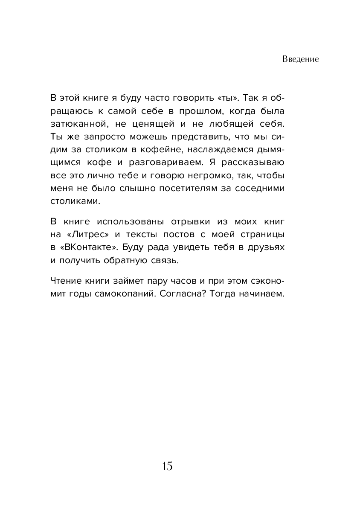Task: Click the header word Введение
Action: click(x=300, y=59)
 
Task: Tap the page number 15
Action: click(x=167, y=466)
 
